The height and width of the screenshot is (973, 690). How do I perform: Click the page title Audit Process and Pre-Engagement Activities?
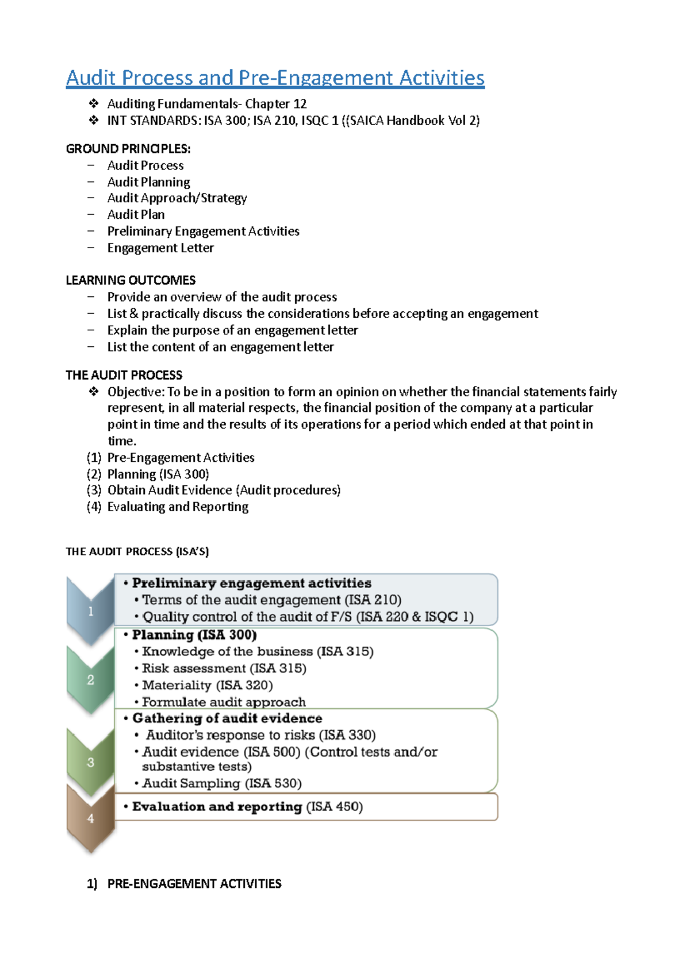(275, 78)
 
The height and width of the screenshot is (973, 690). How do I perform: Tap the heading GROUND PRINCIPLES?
(128, 149)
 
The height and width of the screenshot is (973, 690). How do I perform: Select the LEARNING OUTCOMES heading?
(131, 280)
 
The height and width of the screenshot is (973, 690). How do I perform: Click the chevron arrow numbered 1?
(90, 611)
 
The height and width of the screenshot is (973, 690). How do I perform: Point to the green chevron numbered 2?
(90, 680)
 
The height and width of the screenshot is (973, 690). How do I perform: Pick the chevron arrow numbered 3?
(90, 762)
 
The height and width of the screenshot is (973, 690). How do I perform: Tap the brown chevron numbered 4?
(90, 818)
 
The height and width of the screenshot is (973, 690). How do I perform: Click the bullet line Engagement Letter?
(160, 248)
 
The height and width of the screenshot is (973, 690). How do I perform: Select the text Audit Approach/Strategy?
(177, 198)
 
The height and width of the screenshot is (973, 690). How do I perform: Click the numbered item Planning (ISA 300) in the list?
(158, 474)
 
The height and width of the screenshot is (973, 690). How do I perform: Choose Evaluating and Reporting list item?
(178, 507)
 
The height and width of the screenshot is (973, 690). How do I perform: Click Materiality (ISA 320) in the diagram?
(207, 685)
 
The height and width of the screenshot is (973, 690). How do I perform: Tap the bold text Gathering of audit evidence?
(227, 719)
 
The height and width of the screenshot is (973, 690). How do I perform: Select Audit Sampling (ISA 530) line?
(221, 783)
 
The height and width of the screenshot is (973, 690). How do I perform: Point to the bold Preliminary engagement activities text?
(251, 583)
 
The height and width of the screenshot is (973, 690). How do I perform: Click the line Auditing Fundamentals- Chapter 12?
(206, 104)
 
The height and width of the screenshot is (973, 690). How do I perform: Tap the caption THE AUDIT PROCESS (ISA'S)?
(137, 551)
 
